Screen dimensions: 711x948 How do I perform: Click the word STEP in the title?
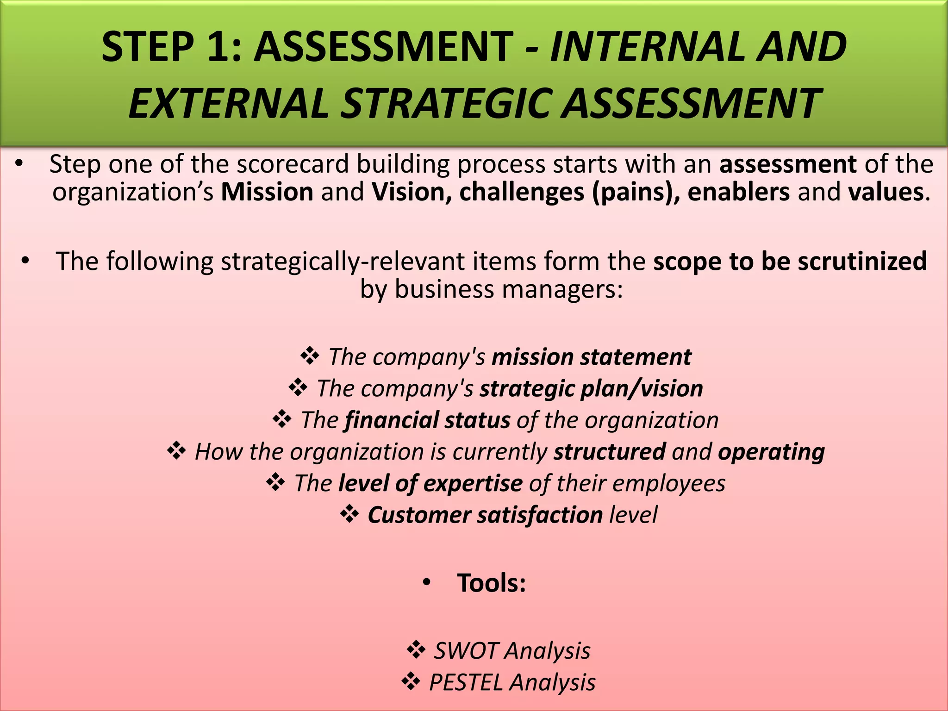tap(147, 47)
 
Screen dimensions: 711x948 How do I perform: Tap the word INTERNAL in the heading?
tap(645, 47)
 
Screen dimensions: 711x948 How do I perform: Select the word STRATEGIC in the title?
tap(448, 104)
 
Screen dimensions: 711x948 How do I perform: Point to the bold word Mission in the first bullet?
tap(267, 193)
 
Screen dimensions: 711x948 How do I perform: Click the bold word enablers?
tap(738, 193)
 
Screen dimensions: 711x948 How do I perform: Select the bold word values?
tap(886, 193)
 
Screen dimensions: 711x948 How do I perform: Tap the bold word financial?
tap(392, 420)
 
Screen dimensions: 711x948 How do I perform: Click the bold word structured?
tap(610, 452)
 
